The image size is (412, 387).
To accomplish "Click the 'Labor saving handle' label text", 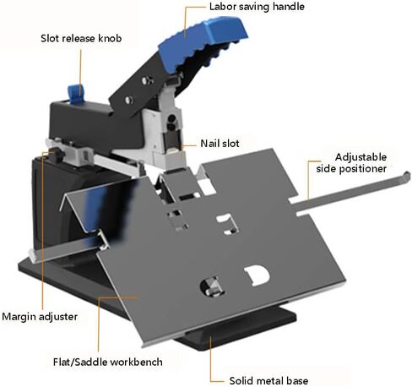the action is pyautogui.click(x=257, y=7).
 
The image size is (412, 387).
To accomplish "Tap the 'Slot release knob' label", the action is pyautogui.click(x=81, y=38).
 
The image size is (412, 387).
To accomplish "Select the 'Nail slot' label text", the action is pyautogui.click(x=220, y=144).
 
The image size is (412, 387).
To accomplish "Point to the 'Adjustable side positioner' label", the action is pyautogui.click(x=351, y=163).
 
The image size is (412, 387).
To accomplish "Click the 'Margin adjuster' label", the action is pyautogui.click(x=40, y=317).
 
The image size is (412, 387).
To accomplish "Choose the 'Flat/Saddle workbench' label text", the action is pyautogui.click(x=108, y=362).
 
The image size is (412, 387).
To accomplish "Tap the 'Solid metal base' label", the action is pyautogui.click(x=268, y=381).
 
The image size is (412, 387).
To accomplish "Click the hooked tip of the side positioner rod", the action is pyautogui.click(x=407, y=176).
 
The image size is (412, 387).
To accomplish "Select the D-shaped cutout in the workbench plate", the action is pyautogui.click(x=257, y=275).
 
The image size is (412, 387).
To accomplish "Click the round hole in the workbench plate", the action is pyautogui.click(x=212, y=286).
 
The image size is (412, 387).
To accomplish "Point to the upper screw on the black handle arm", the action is pyautogui.click(x=147, y=80).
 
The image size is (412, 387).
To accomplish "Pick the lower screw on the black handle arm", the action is pyautogui.click(x=128, y=100).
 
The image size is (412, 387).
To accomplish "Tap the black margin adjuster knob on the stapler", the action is pyautogui.click(x=58, y=154).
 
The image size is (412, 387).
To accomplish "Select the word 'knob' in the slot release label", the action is pyautogui.click(x=110, y=38).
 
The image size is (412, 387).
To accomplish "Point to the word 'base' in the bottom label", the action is pyautogui.click(x=297, y=381).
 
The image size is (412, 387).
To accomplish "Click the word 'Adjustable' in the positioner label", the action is pyautogui.click(x=360, y=157).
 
